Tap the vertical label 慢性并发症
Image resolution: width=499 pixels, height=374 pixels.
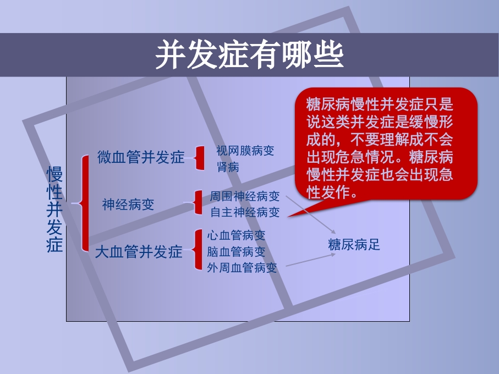click(x=55, y=210)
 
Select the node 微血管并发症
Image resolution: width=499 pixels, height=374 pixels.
click(x=141, y=157)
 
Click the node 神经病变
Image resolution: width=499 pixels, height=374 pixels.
click(x=128, y=205)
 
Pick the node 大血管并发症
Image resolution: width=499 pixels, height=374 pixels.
click(x=138, y=252)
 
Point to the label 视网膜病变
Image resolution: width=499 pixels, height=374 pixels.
click(x=245, y=150)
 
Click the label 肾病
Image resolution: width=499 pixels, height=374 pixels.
click(x=228, y=167)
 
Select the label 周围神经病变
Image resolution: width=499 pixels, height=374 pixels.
click(x=245, y=196)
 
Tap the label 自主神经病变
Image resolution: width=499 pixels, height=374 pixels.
click(x=245, y=212)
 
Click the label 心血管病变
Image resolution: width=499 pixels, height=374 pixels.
click(x=236, y=235)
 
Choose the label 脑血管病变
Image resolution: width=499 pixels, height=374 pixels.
click(x=236, y=251)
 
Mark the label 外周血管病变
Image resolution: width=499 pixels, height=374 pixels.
click(x=242, y=268)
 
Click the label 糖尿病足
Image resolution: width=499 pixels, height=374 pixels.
click(x=354, y=245)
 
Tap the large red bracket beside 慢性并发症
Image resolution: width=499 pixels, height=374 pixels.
click(x=84, y=203)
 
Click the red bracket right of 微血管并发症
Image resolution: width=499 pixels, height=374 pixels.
click(x=199, y=158)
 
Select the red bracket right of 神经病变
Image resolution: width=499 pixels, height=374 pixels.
click(x=199, y=203)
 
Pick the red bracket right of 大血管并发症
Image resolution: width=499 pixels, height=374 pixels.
click(x=198, y=250)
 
